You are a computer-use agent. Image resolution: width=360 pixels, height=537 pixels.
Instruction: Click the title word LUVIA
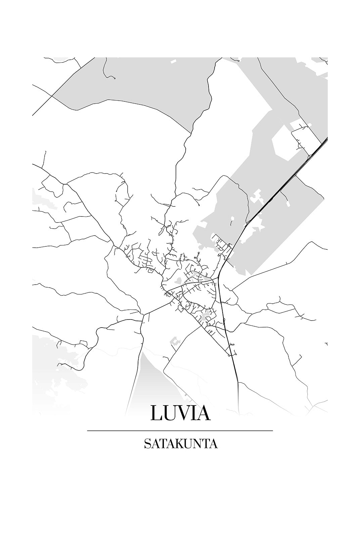(x=180, y=413)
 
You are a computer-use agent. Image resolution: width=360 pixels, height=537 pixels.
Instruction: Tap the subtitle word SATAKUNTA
(x=180, y=444)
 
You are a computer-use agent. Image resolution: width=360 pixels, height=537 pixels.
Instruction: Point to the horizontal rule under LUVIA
(x=180, y=431)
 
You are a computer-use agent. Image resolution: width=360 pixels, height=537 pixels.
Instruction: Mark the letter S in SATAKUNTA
(x=147, y=444)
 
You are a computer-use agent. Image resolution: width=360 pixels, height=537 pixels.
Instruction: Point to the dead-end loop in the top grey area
(x=115, y=79)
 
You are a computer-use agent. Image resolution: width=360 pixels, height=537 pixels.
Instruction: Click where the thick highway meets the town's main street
(x=218, y=278)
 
